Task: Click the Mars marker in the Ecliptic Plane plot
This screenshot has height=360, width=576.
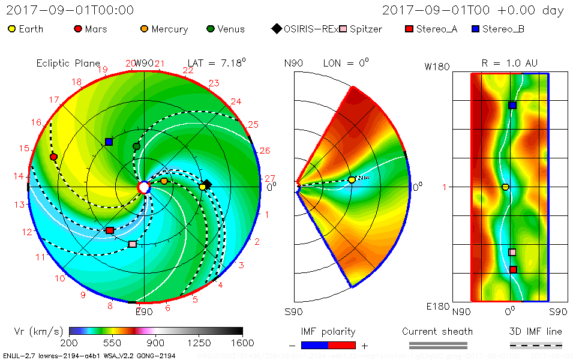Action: pyautogui.click(x=53, y=157)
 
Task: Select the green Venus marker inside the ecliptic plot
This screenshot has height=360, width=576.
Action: pyautogui.click(x=136, y=146)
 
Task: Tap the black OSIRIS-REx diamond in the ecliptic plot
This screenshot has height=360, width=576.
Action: pyautogui.click(x=207, y=184)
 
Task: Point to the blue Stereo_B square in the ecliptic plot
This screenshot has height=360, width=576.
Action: pyautogui.click(x=109, y=142)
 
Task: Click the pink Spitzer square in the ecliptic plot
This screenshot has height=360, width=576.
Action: pyautogui.click(x=132, y=244)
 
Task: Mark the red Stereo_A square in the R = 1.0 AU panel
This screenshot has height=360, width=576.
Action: pyautogui.click(x=513, y=269)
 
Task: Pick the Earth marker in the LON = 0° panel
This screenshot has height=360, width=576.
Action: pyautogui.click(x=352, y=179)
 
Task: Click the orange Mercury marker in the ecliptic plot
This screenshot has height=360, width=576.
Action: pyautogui.click(x=164, y=181)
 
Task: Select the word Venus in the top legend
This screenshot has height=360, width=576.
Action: pyautogui.click(x=231, y=29)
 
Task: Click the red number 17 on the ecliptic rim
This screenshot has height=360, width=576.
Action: pyautogui.click(x=54, y=100)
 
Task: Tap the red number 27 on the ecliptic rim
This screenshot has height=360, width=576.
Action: pyautogui.click(x=269, y=178)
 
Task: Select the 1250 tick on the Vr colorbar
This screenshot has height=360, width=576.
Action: pyautogui.click(x=199, y=343)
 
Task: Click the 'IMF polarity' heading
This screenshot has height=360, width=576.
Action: pyautogui.click(x=328, y=331)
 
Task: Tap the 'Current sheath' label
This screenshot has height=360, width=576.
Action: pyautogui.click(x=437, y=331)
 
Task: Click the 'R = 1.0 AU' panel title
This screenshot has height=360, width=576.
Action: pyautogui.click(x=509, y=63)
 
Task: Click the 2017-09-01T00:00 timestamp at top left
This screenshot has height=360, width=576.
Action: pyautogui.click(x=70, y=10)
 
